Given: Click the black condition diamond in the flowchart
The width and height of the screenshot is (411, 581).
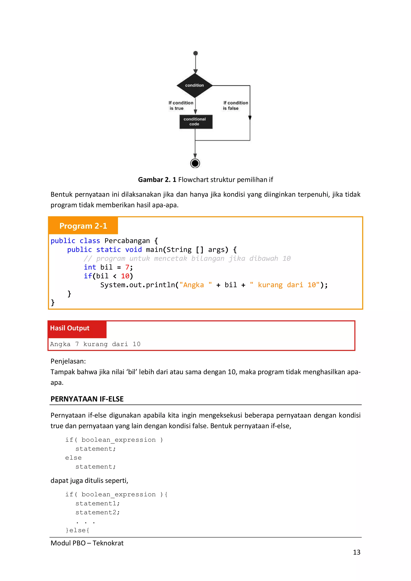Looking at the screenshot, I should tap(194, 85).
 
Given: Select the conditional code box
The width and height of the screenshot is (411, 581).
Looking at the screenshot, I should tap(196, 122).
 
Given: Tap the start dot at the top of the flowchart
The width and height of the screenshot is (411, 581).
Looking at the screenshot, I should tap(195, 53).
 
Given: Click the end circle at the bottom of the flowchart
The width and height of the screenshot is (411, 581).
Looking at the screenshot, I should tap(195, 163).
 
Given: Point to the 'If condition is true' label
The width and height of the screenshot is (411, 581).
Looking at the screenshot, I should tap(180, 106).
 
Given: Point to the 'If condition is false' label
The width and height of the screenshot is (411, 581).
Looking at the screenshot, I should tap(235, 106).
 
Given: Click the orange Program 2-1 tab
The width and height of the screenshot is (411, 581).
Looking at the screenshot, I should tap(83, 226).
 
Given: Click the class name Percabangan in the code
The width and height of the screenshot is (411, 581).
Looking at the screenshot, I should tap(127, 241).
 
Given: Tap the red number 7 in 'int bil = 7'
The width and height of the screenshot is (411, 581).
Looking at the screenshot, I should tap(127, 267).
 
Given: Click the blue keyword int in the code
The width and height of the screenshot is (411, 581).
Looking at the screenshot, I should tap(90, 267).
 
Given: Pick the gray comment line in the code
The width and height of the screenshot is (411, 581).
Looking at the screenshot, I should tap(187, 258).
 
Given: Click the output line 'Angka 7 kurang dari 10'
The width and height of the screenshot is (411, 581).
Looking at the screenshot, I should tap(95, 344).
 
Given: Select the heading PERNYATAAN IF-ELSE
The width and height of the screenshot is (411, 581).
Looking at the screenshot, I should tap(87, 399).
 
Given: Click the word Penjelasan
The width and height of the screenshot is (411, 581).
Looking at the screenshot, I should tap(68, 361).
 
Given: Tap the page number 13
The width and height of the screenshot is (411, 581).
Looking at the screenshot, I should tap(356, 552).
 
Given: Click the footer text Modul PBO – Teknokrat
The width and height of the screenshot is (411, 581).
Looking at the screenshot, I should tap(87, 543).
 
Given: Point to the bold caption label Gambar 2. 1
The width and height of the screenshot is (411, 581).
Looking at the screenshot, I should tap(157, 180).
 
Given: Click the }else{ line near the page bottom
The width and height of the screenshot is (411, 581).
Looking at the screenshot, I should tap(77, 530).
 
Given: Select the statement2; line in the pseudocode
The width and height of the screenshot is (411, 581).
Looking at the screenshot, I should tap(98, 512).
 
